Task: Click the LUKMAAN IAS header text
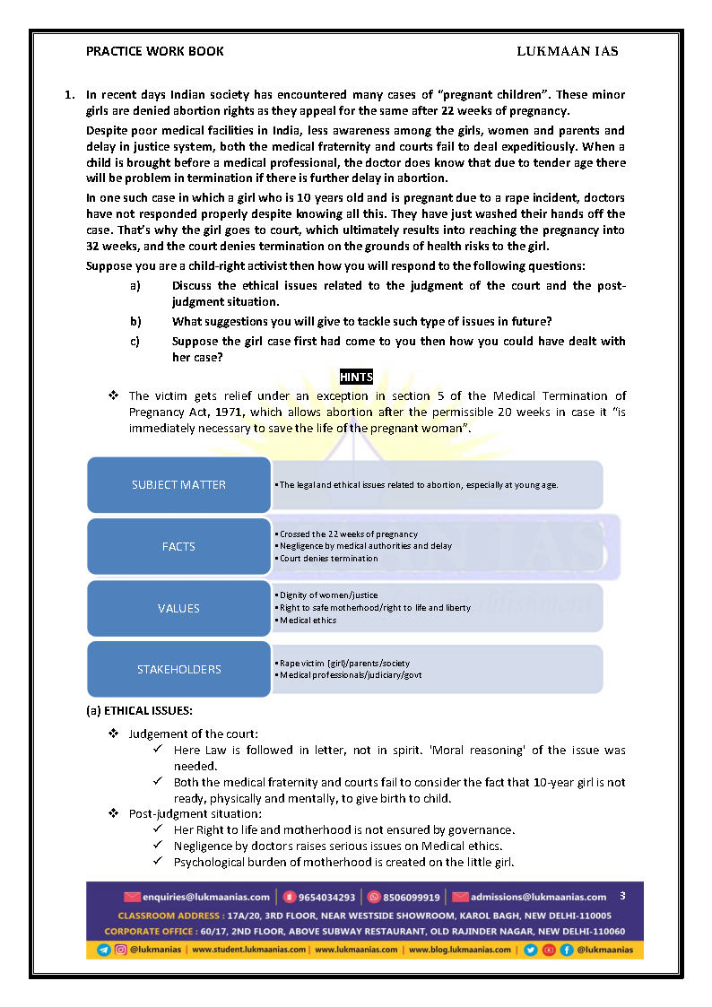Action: (567, 51)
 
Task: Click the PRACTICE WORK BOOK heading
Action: (155, 51)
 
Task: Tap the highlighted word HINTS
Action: (356, 378)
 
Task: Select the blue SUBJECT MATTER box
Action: (178, 485)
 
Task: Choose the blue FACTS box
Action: (178, 546)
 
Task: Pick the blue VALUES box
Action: (178, 608)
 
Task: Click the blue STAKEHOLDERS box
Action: (178, 669)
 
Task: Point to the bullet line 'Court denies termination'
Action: (328, 559)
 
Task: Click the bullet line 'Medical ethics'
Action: (310, 621)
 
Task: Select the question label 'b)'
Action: (135, 321)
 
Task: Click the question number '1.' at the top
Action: (69, 94)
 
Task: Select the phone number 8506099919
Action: (410, 897)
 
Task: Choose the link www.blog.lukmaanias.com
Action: (459, 950)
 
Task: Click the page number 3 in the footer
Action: (623, 896)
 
